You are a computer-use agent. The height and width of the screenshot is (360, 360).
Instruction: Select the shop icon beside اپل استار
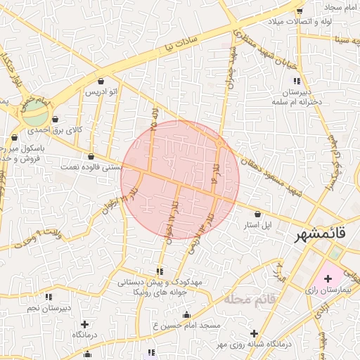[257, 214]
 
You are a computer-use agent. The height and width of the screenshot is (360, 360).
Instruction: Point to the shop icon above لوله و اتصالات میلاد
[300, 11]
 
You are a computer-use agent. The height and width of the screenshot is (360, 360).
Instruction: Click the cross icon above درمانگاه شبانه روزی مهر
[255, 333]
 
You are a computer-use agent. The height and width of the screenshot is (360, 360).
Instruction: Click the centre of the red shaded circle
[180, 180]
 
